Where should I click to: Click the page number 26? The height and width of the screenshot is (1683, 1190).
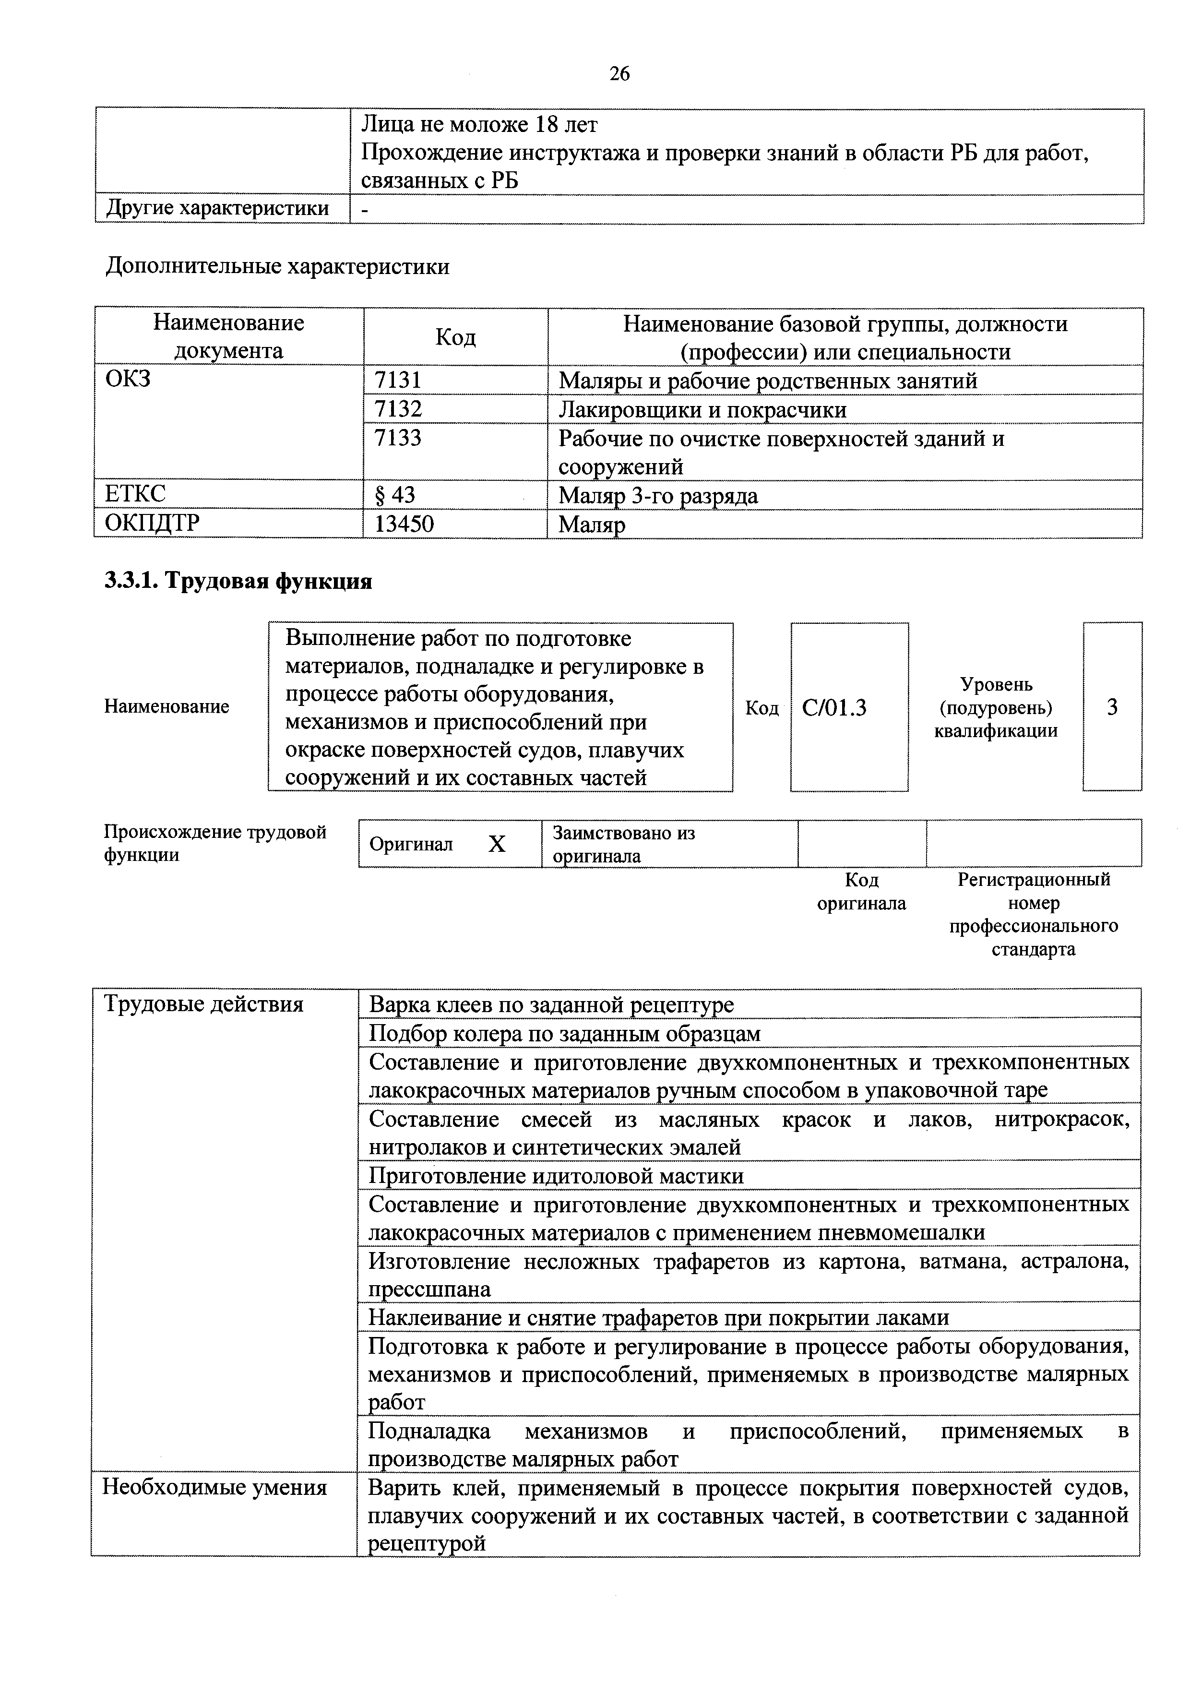(x=619, y=74)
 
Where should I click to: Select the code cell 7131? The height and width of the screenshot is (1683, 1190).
(x=397, y=381)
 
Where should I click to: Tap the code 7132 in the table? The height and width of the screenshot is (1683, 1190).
(x=397, y=409)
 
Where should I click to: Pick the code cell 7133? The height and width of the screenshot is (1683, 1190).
(x=397, y=438)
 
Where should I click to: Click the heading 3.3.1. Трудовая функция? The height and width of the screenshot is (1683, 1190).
(x=238, y=581)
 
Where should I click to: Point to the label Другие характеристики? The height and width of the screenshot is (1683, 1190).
(x=218, y=208)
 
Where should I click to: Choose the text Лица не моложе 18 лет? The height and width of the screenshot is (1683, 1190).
(x=479, y=125)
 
